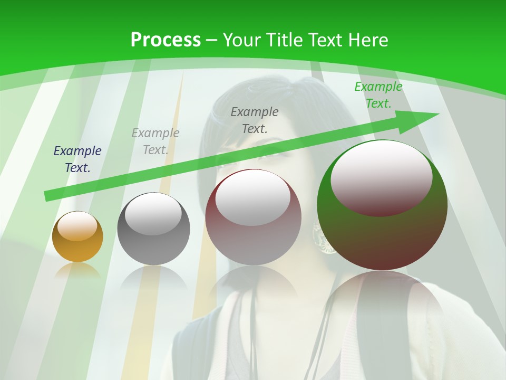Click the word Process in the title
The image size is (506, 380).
[166, 40]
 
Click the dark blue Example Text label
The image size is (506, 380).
[77, 159]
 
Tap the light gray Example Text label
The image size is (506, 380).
[155, 141]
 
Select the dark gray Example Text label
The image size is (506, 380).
[255, 120]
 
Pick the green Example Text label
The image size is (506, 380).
[378, 95]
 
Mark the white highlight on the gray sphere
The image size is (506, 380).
[153, 214]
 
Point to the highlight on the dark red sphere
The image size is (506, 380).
[253, 198]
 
